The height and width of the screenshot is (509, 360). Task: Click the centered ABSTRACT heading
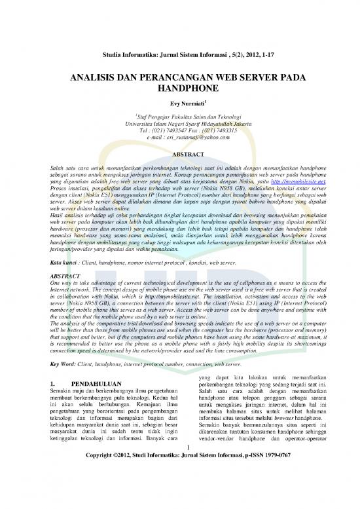click(179, 155)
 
